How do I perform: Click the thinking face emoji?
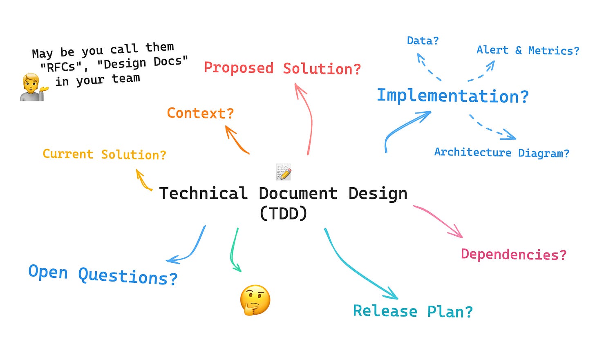click(x=255, y=300)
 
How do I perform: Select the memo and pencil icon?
click(x=284, y=172)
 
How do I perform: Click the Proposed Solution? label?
click(x=282, y=68)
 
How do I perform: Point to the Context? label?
click(x=200, y=113)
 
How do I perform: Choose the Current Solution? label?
click(x=104, y=154)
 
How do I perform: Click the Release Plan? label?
click(x=413, y=311)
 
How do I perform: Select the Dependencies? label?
click(x=514, y=254)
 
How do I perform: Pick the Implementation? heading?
click(x=453, y=96)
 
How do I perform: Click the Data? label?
click(x=423, y=41)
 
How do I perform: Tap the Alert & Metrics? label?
click(x=528, y=50)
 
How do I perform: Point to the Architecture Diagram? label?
click(x=501, y=152)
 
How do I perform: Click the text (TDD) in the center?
click(x=283, y=213)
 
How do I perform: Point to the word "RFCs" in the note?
click(x=61, y=67)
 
